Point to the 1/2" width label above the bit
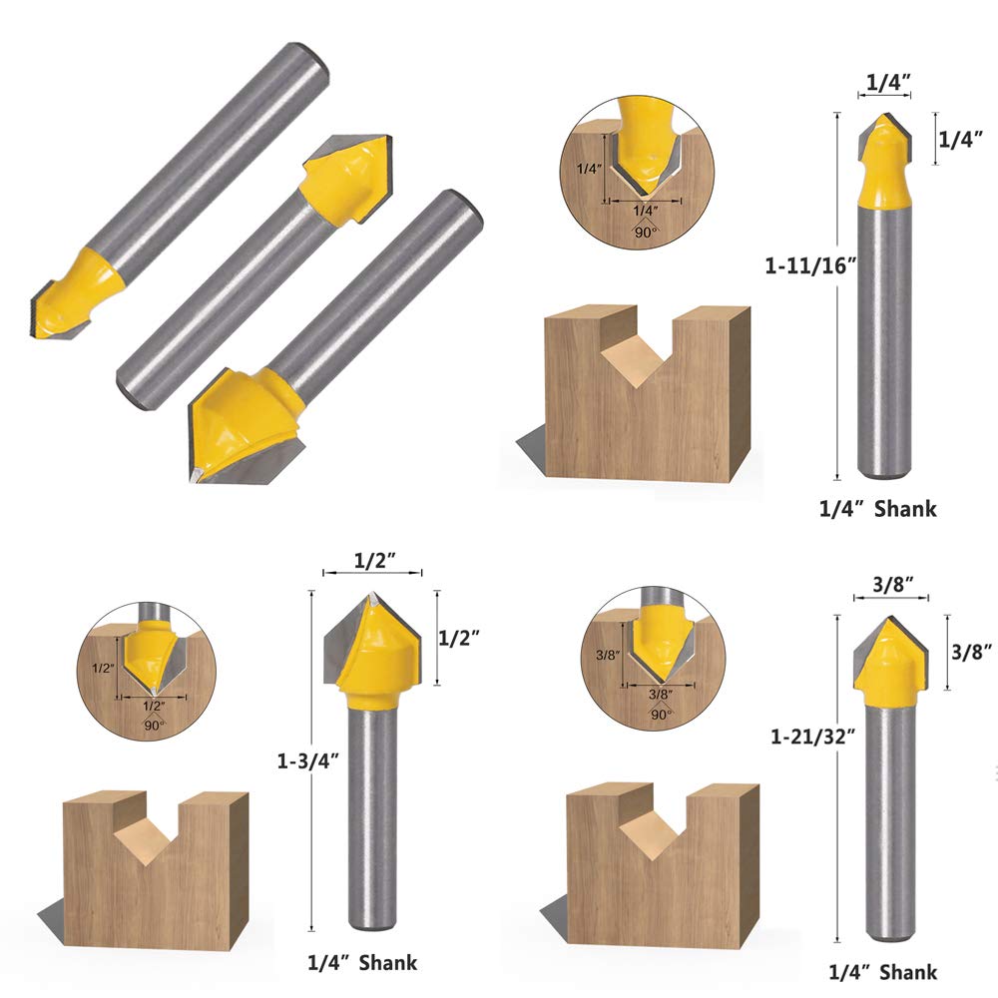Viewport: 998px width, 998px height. [373, 561]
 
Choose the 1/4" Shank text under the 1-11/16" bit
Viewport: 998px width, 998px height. [878, 509]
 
